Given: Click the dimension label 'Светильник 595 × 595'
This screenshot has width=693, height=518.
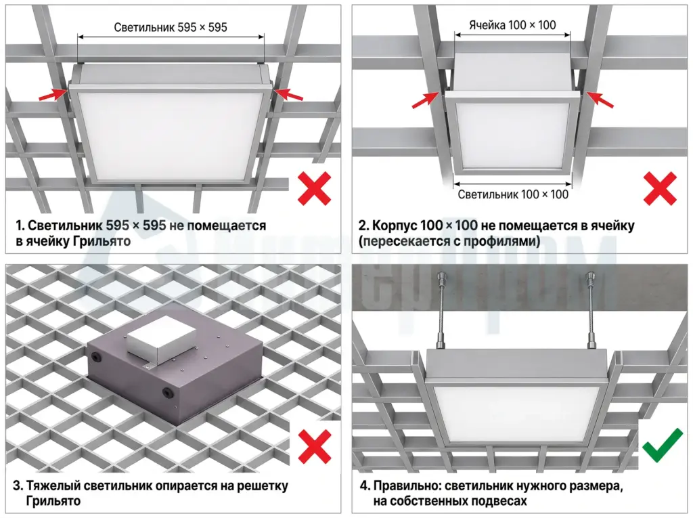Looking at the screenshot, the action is [x=171, y=28].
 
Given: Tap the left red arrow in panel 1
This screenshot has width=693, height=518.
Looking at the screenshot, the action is [x=53, y=94].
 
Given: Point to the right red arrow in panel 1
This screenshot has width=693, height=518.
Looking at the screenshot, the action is [x=288, y=94].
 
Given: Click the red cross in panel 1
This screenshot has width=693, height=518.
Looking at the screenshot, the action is [x=314, y=188].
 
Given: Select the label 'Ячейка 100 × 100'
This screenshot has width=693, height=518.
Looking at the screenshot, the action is [x=513, y=25].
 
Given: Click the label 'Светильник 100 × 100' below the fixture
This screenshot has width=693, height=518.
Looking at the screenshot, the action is [x=513, y=194].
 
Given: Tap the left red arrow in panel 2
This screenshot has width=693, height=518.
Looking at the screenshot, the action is [x=426, y=100].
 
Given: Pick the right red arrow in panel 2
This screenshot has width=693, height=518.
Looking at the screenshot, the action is [x=600, y=100].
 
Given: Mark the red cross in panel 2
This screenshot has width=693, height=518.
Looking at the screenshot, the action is [x=660, y=188].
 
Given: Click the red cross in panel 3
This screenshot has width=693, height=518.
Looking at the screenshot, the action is [x=315, y=447].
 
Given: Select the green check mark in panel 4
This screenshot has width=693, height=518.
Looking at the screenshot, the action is [x=663, y=445].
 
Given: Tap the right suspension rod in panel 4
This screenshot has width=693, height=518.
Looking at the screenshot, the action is [x=590, y=309].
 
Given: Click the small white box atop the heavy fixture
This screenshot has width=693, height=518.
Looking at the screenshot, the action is [x=160, y=340].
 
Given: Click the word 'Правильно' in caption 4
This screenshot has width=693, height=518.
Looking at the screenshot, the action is [x=407, y=486].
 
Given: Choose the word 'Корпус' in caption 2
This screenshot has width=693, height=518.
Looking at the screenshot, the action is [x=395, y=225].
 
